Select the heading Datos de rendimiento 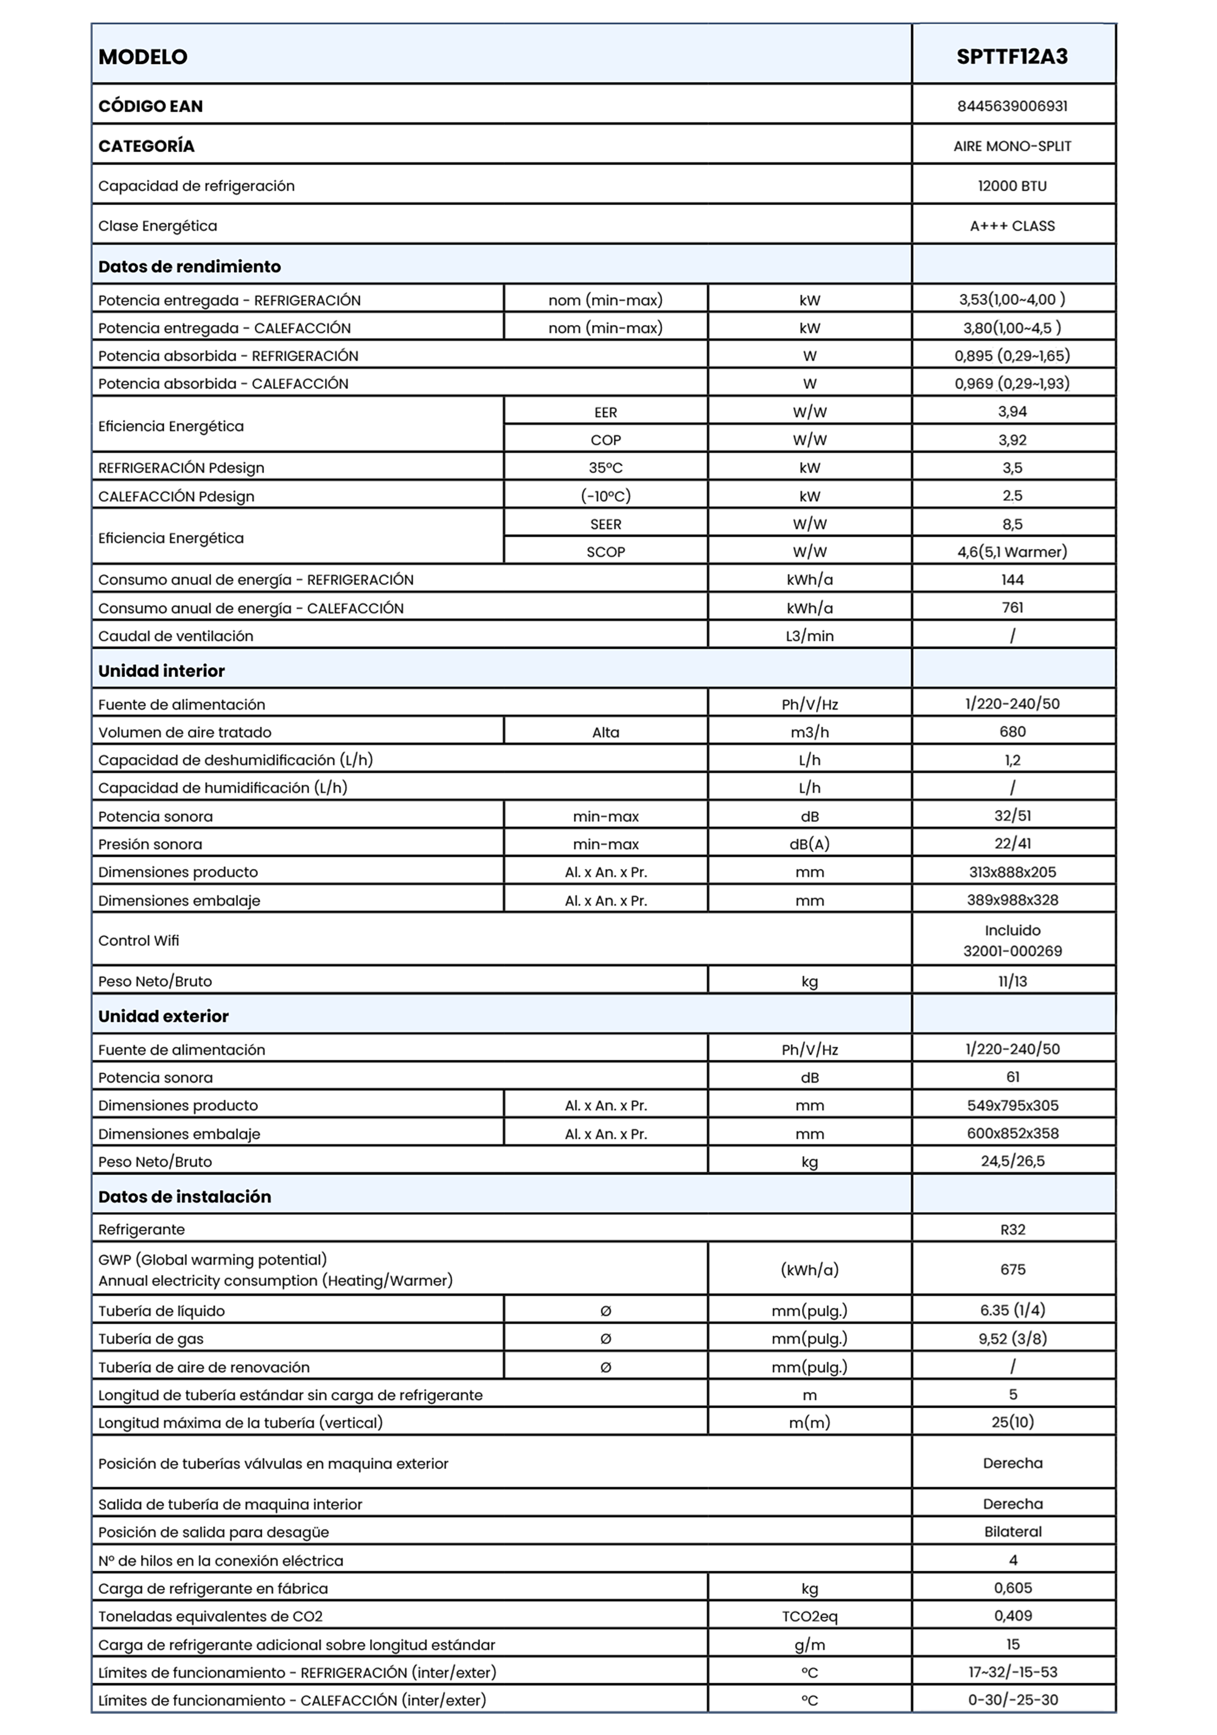coord(190,267)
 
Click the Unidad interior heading coord(162,671)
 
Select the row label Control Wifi coord(139,941)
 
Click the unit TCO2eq coord(809,1616)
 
